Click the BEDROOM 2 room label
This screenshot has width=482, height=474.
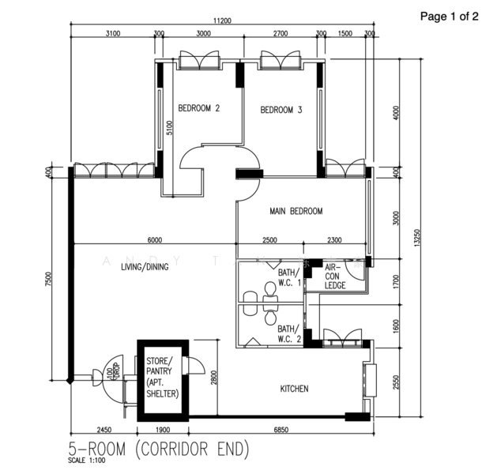pos(198,109)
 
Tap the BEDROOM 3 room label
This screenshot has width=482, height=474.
pos(281,110)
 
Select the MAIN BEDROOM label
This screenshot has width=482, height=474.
pos(296,211)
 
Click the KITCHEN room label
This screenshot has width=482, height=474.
pos(294,389)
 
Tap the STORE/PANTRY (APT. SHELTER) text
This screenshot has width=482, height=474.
pos(162,377)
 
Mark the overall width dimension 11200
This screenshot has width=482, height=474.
pos(220,21)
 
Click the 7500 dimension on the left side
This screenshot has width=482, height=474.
pos(49,280)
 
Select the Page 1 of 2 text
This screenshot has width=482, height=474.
pos(448,16)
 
